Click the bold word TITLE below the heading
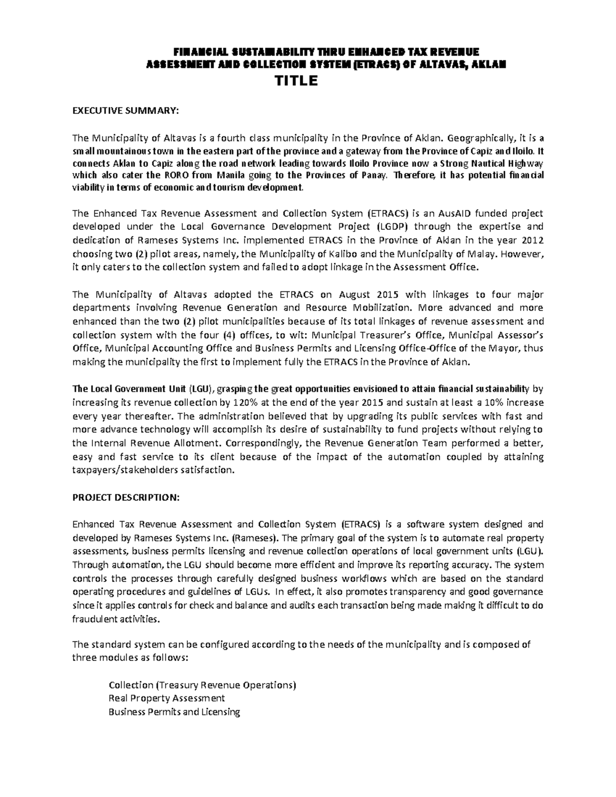pyautogui.click(x=298, y=81)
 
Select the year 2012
pyautogui.click(x=532, y=240)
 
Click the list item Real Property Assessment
pyautogui.click(x=167, y=698)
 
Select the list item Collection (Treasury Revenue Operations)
pyautogui.click(x=203, y=685)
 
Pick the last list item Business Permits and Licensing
pyautogui.click(x=175, y=712)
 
